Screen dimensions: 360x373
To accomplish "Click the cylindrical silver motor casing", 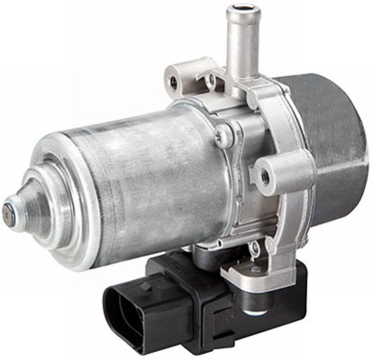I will [x=140, y=182].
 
